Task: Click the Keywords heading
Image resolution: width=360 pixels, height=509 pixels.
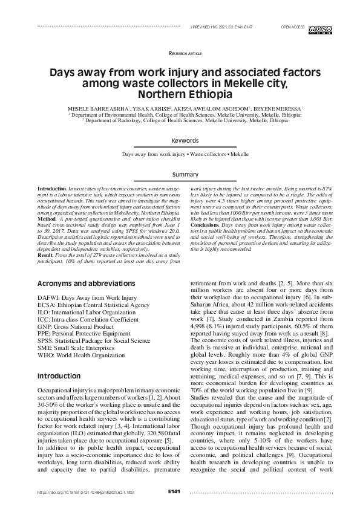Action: [x=185, y=140]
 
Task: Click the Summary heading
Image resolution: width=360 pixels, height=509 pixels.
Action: [x=185, y=174]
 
